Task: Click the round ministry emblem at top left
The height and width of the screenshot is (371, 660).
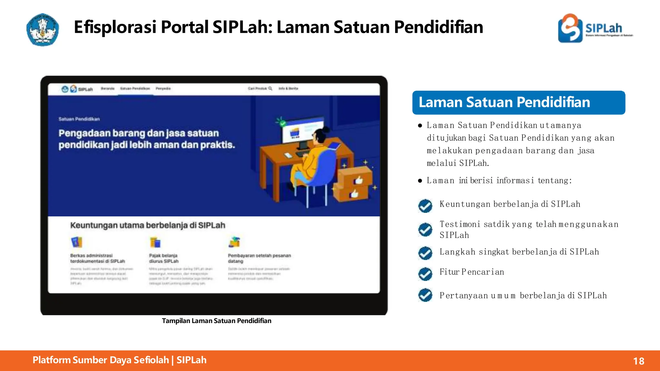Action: coord(43,30)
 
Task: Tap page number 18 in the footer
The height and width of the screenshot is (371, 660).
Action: coord(638,361)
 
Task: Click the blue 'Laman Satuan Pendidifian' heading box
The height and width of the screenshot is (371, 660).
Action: coord(518,102)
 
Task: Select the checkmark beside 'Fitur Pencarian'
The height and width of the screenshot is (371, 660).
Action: coord(425,274)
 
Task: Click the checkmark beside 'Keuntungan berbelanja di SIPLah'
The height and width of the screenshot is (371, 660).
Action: coord(425,206)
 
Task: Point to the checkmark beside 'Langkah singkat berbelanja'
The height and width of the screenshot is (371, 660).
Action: coord(425,253)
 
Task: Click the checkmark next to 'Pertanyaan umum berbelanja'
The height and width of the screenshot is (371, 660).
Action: coord(425,295)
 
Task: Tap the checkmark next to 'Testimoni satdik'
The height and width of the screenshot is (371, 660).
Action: coord(425,230)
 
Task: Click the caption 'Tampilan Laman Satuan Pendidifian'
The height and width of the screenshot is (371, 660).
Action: coord(217,321)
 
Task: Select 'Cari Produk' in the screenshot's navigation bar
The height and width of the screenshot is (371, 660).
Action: coord(260,88)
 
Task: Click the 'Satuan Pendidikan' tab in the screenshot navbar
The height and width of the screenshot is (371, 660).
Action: coord(135,89)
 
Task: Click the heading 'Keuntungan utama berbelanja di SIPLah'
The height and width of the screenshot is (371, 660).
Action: coord(148,225)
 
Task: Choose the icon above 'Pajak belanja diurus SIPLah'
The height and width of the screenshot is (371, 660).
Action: coord(155,242)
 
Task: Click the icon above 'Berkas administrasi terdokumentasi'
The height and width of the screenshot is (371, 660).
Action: coord(76,242)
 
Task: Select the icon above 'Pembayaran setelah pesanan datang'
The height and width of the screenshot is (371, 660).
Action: coord(234,242)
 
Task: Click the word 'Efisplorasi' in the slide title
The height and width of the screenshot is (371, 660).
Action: coord(115,27)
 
